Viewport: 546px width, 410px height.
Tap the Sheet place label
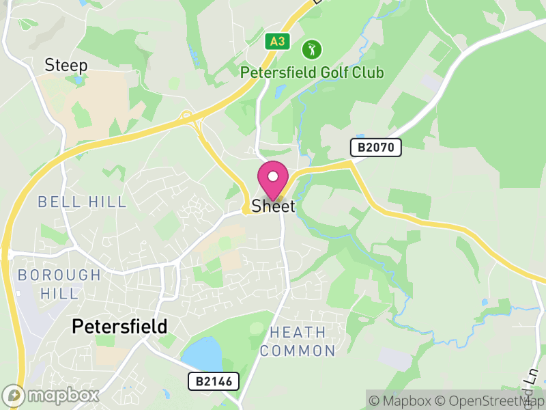(x=273, y=206)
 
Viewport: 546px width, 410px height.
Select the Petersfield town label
(x=119, y=327)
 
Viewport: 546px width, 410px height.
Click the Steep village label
(x=66, y=66)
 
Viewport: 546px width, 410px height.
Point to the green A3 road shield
(x=277, y=42)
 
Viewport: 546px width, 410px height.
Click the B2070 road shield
(x=376, y=147)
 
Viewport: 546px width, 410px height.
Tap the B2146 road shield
(x=214, y=381)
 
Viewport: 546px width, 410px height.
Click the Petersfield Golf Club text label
(x=312, y=72)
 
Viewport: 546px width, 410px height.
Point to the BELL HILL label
(x=82, y=202)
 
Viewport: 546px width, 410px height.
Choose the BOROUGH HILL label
(x=59, y=284)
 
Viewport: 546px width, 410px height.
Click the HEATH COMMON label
(x=298, y=342)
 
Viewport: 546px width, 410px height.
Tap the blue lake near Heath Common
(x=203, y=354)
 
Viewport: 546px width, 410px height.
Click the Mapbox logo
(x=51, y=396)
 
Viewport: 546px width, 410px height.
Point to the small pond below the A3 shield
(x=279, y=90)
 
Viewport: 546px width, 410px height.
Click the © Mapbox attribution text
(x=400, y=401)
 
